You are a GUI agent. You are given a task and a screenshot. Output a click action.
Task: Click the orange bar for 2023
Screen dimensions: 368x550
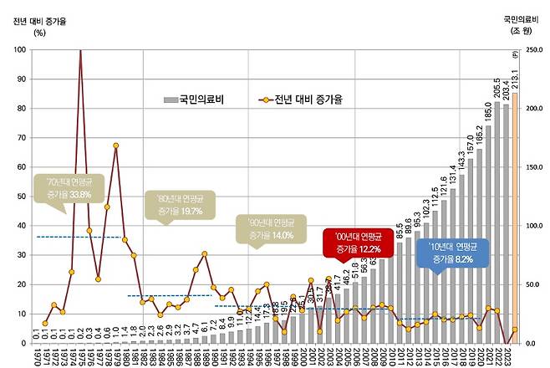pos(515,217)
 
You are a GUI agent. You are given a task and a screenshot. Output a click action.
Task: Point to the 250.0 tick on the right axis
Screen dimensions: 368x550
pos(532,49)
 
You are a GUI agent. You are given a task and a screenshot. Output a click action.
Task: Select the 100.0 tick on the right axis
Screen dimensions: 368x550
pos(532,226)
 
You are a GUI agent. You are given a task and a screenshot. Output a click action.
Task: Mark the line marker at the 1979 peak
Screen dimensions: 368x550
pos(116,146)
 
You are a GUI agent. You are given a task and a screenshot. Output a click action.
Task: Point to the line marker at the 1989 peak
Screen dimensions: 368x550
pos(204,253)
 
